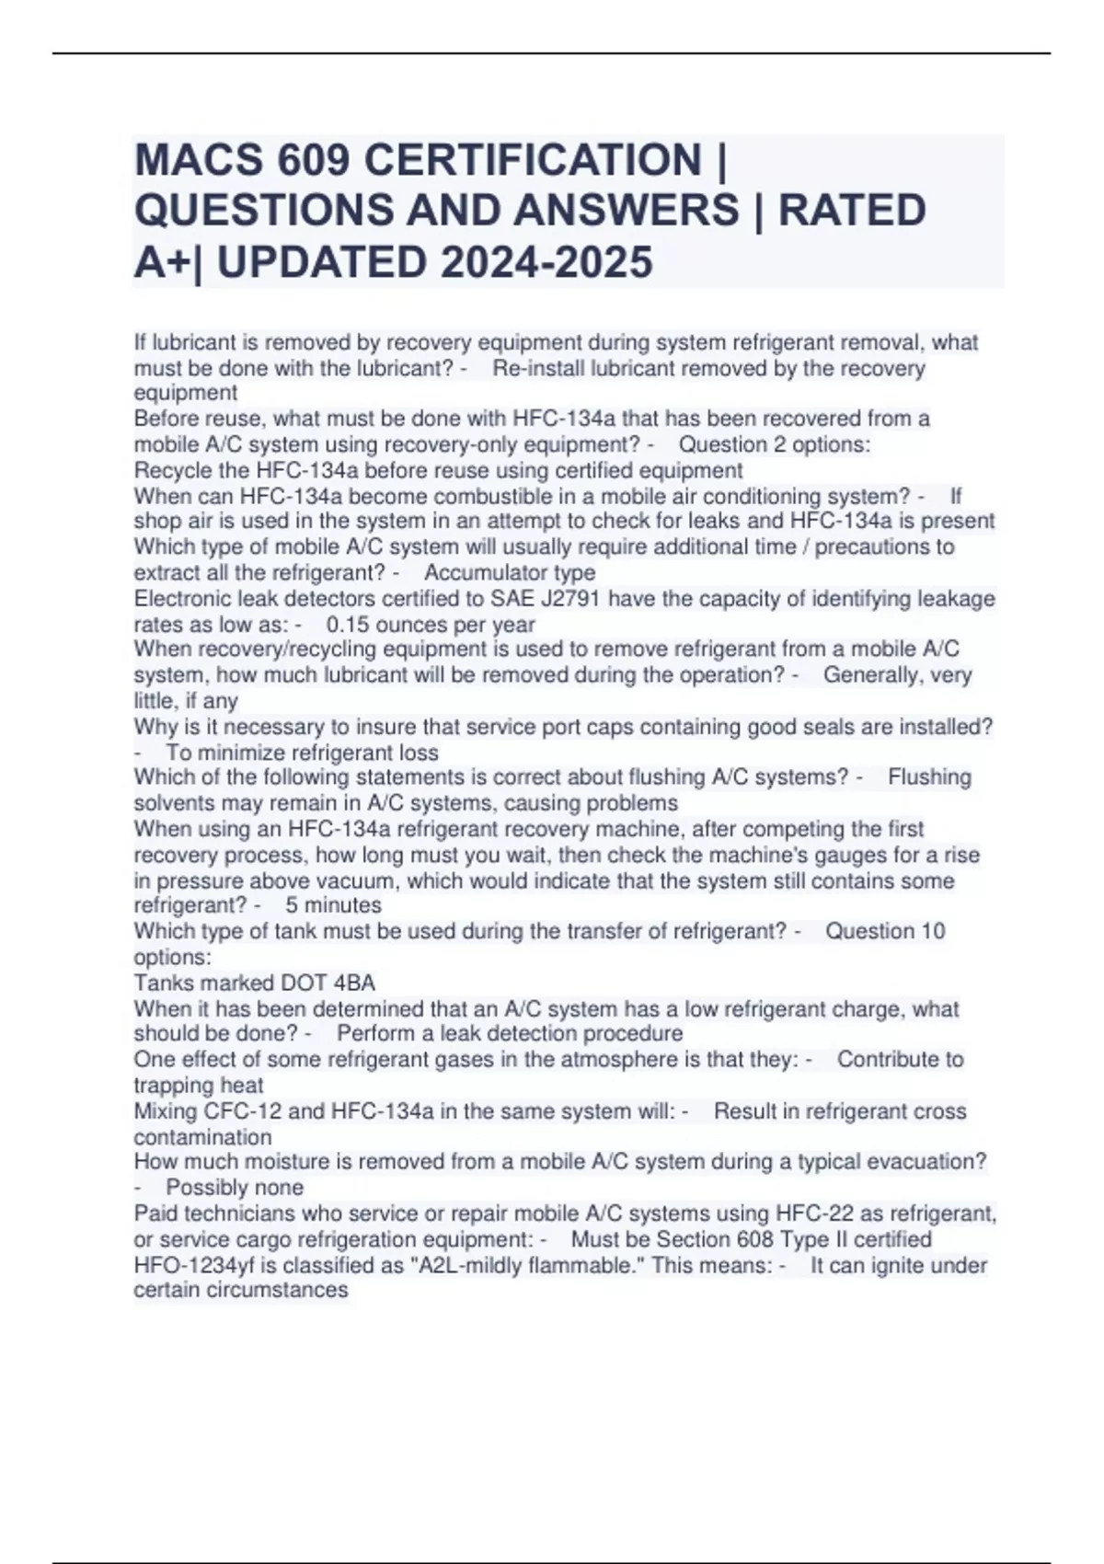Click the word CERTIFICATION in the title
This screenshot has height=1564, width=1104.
[x=533, y=160]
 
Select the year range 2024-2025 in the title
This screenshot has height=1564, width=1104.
[x=546, y=262]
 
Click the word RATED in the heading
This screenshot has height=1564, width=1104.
[x=852, y=211]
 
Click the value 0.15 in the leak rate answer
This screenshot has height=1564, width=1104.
[x=346, y=625]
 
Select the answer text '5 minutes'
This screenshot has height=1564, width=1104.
[x=333, y=905]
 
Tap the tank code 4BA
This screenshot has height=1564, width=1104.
[x=354, y=983]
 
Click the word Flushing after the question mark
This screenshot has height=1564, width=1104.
[x=929, y=777]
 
